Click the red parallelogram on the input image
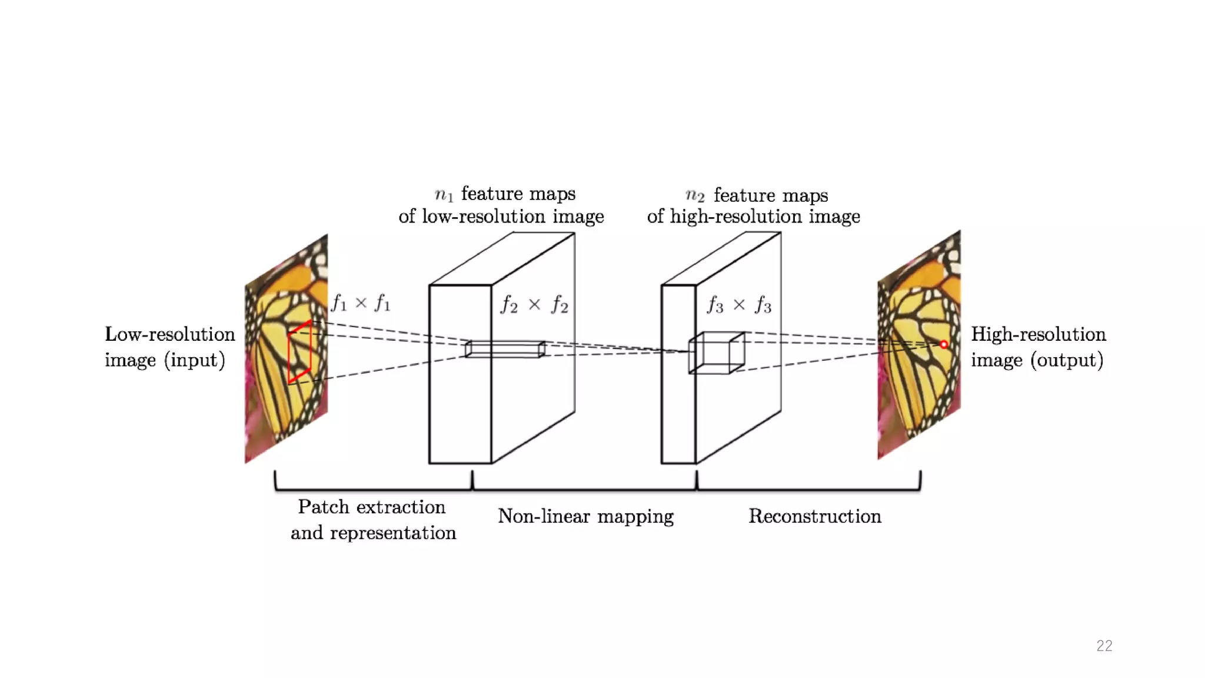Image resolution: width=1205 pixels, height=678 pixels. [x=299, y=352]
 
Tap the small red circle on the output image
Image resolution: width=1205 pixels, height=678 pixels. [x=944, y=344]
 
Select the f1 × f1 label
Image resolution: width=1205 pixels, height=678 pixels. [x=361, y=303]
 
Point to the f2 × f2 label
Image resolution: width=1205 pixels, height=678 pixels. [x=534, y=305]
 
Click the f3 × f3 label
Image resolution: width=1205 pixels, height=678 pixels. [x=739, y=305]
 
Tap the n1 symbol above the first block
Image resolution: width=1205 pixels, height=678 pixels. [x=444, y=194]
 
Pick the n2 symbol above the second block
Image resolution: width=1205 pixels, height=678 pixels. [x=695, y=195]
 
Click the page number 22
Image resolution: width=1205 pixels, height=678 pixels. [x=1104, y=646]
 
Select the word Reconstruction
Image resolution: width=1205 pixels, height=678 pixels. [x=814, y=516]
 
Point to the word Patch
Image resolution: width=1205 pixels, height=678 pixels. [x=323, y=507]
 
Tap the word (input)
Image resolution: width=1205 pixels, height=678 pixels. [x=195, y=360]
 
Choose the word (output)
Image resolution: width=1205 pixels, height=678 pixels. [x=1066, y=360]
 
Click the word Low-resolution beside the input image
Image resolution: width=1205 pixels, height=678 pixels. [x=169, y=334]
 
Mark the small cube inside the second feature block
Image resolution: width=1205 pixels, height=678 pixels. [x=717, y=353]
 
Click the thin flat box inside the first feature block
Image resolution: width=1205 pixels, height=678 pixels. [x=505, y=349]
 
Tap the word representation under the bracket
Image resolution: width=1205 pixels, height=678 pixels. [x=392, y=533]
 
